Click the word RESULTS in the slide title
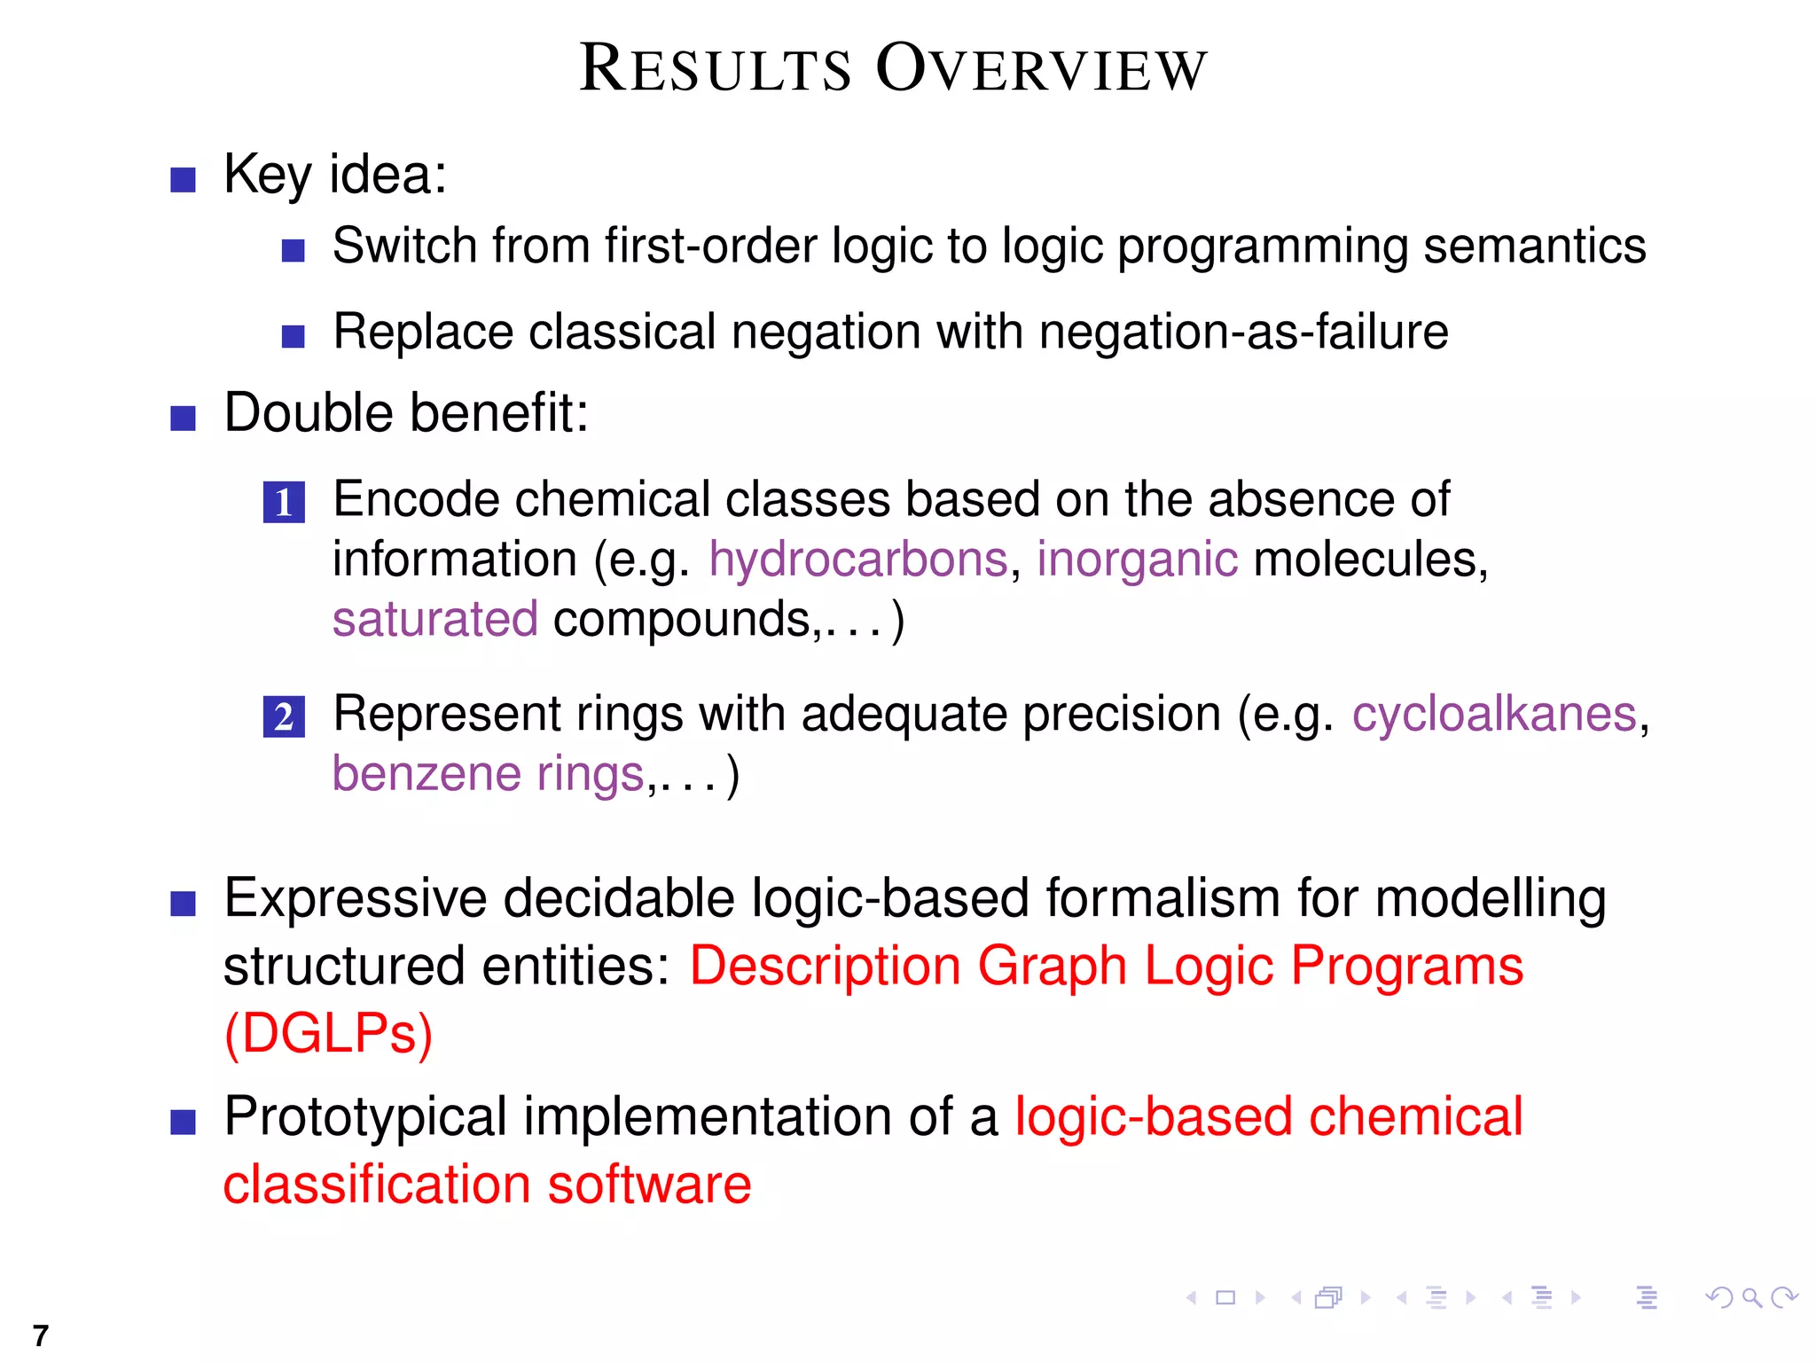(x=715, y=69)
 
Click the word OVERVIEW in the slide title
(x=1042, y=69)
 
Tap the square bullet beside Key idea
(x=183, y=179)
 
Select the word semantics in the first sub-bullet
(x=1534, y=246)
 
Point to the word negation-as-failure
(x=1243, y=332)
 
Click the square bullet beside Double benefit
(x=183, y=418)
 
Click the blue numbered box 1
(x=284, y=503)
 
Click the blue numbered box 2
(x=284, y=716)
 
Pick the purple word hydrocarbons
(x=858, y=560)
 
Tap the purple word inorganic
(x=1137, y=560)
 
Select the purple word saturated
(x=434, y=619)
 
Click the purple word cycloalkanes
(x=1494, y=714)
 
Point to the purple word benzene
(x=426, y=774)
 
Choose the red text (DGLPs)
(x=328, y=1034)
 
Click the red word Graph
(x=1052, y=966)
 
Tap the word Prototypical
(x=365, y=1116)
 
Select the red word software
(x=649, y=1185)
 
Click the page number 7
(x=41, y=1335)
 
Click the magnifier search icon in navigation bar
(x=1751, y=1298)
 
